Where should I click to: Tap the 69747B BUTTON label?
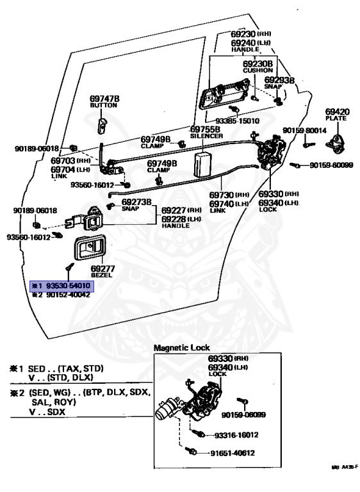coord(104,101)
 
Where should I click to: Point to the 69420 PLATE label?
coord(336,113)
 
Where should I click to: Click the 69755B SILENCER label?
coord(206,132)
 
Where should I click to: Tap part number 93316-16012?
coord(236,434)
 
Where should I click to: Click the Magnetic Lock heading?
coord(181,347)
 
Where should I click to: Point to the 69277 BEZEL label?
coord(102,272)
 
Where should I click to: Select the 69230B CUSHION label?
coord(258,68)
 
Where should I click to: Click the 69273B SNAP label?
coord(136,205)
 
